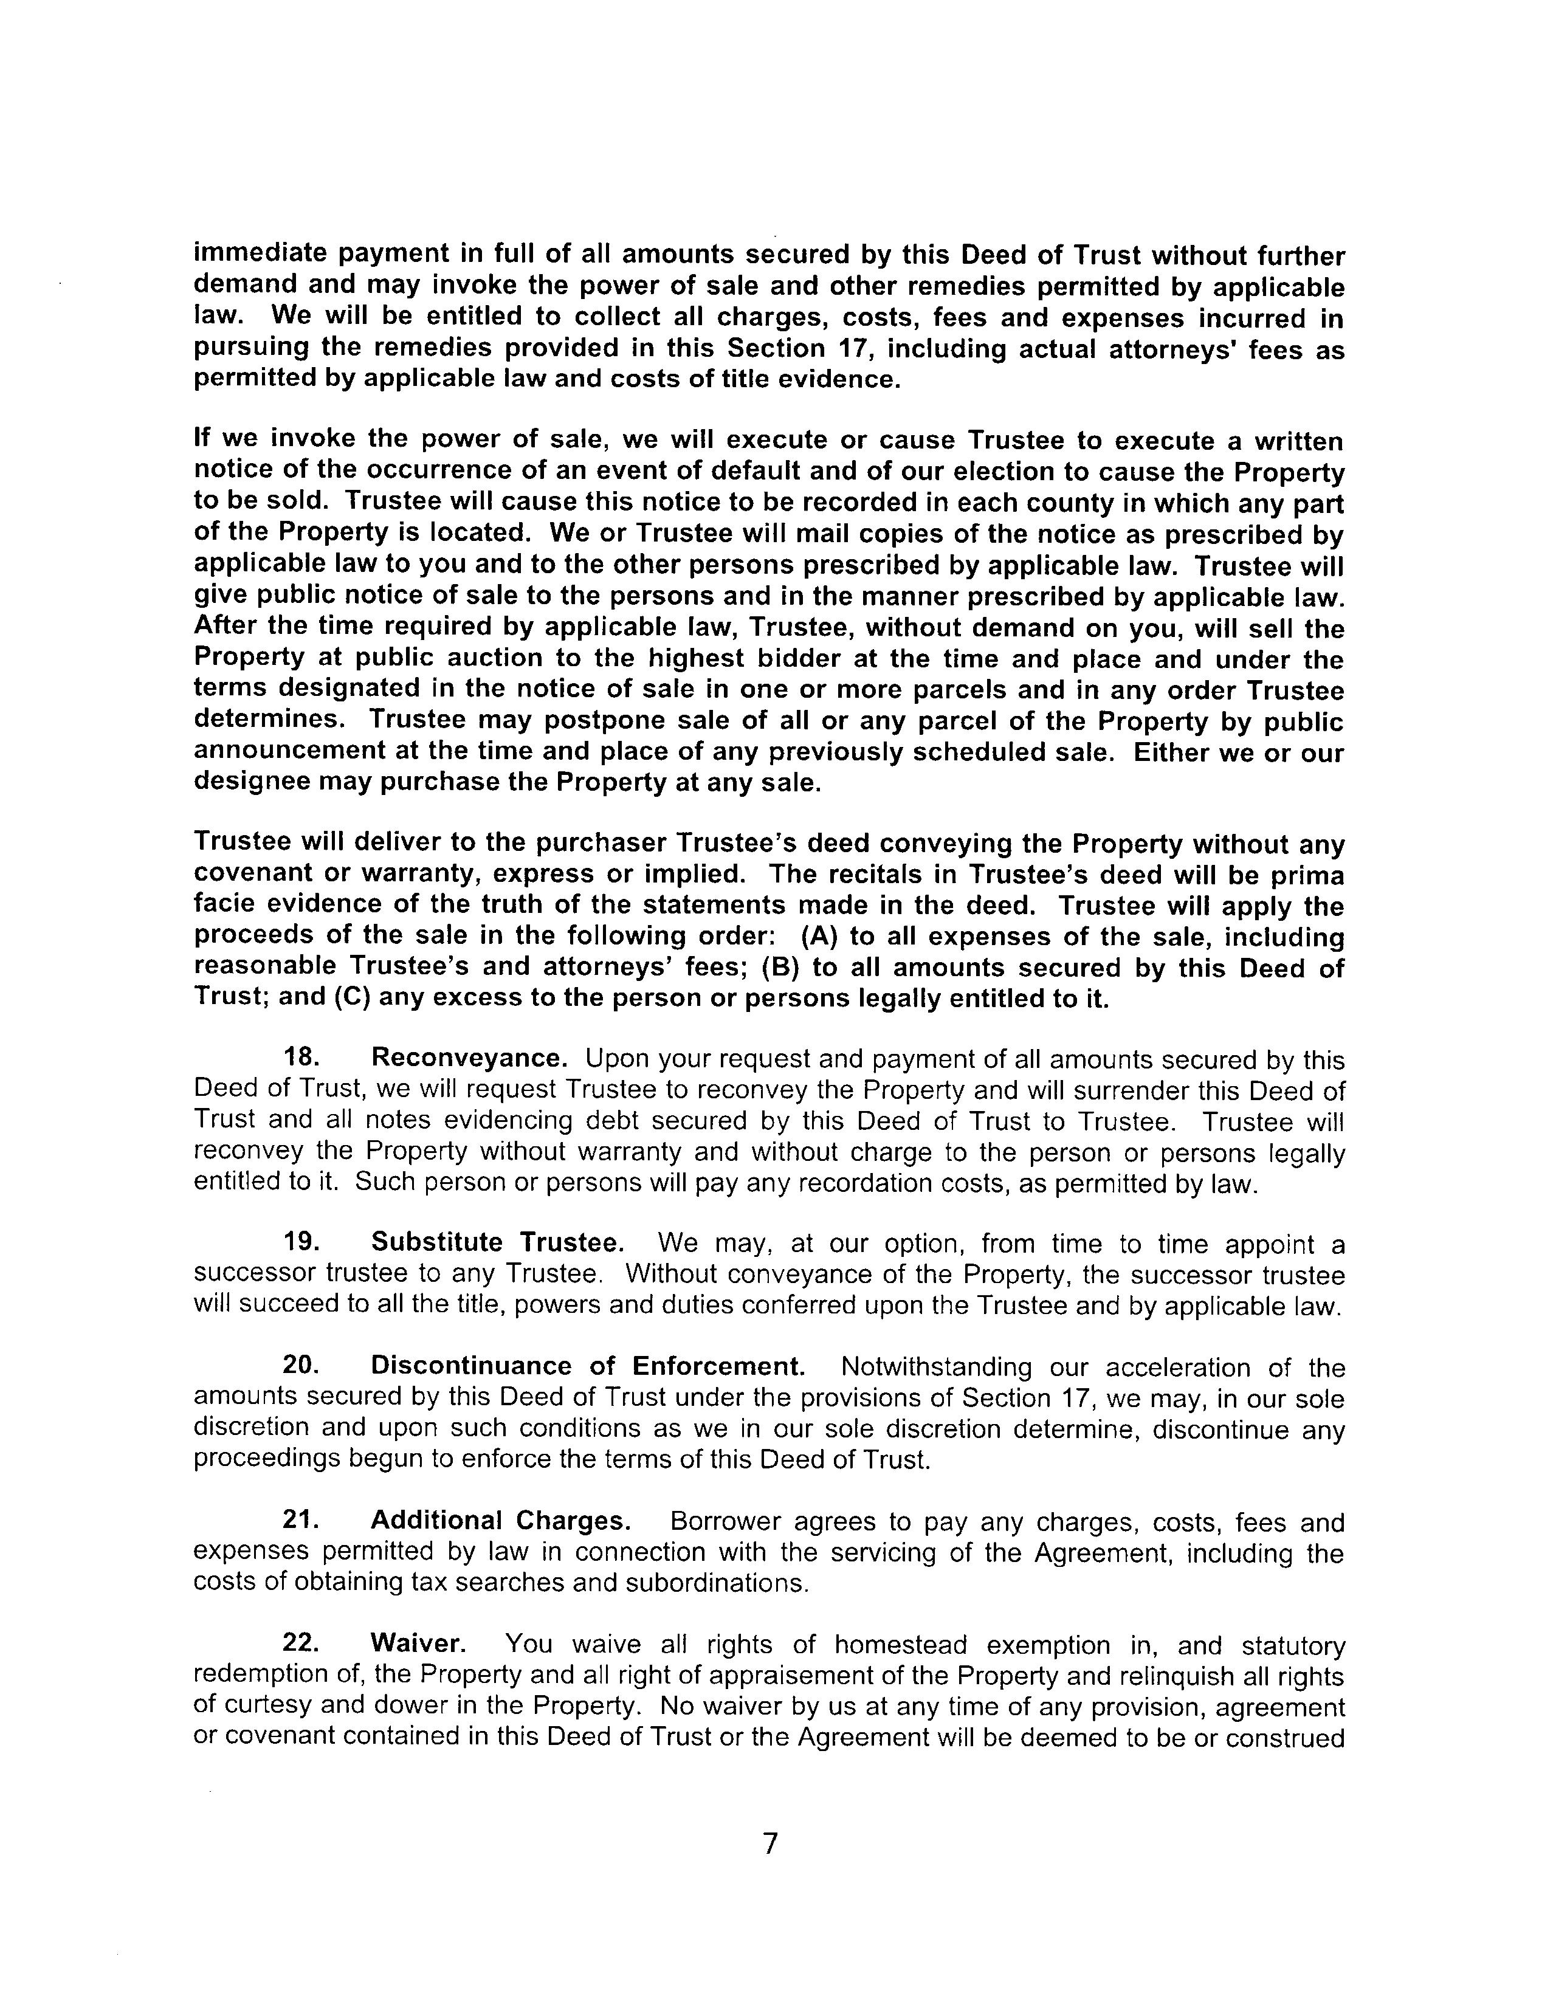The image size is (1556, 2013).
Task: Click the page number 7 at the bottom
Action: click(771, 1843)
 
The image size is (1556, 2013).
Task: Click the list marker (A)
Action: click(819, 937)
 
